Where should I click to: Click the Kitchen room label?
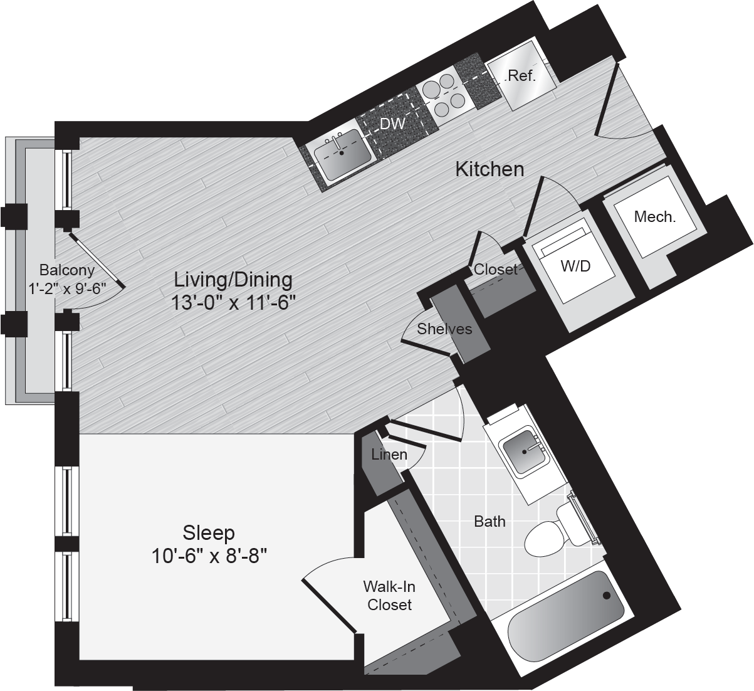(490, 170)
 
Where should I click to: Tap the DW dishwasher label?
(392, 124)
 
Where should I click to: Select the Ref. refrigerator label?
(520, 76)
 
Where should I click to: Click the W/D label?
(575, 266)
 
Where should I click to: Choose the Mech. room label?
(655, 217)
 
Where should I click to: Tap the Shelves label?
(444, 329)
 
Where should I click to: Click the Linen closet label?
(389, 455)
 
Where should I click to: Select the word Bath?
(490, 521)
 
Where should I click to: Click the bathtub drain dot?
(606, 596)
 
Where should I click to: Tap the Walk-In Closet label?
(389, 596)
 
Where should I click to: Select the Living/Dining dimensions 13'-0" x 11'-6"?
(233, 303)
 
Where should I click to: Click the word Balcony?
(67, 270)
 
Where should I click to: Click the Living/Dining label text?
(233, 280)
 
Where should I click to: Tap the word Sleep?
(209, 532)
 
